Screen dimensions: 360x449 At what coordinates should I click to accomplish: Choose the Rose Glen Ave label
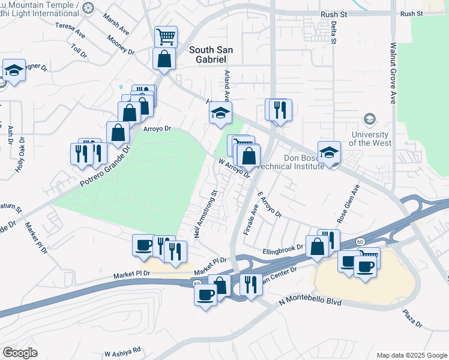coord(351,201)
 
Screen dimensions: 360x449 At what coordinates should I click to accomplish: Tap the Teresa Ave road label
coord(70,30)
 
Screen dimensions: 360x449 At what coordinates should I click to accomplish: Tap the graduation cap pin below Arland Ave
coord(220,112)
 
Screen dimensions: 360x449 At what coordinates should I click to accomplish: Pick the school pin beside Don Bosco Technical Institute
coord(329,153)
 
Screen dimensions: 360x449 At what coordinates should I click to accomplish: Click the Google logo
coord(20,353)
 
